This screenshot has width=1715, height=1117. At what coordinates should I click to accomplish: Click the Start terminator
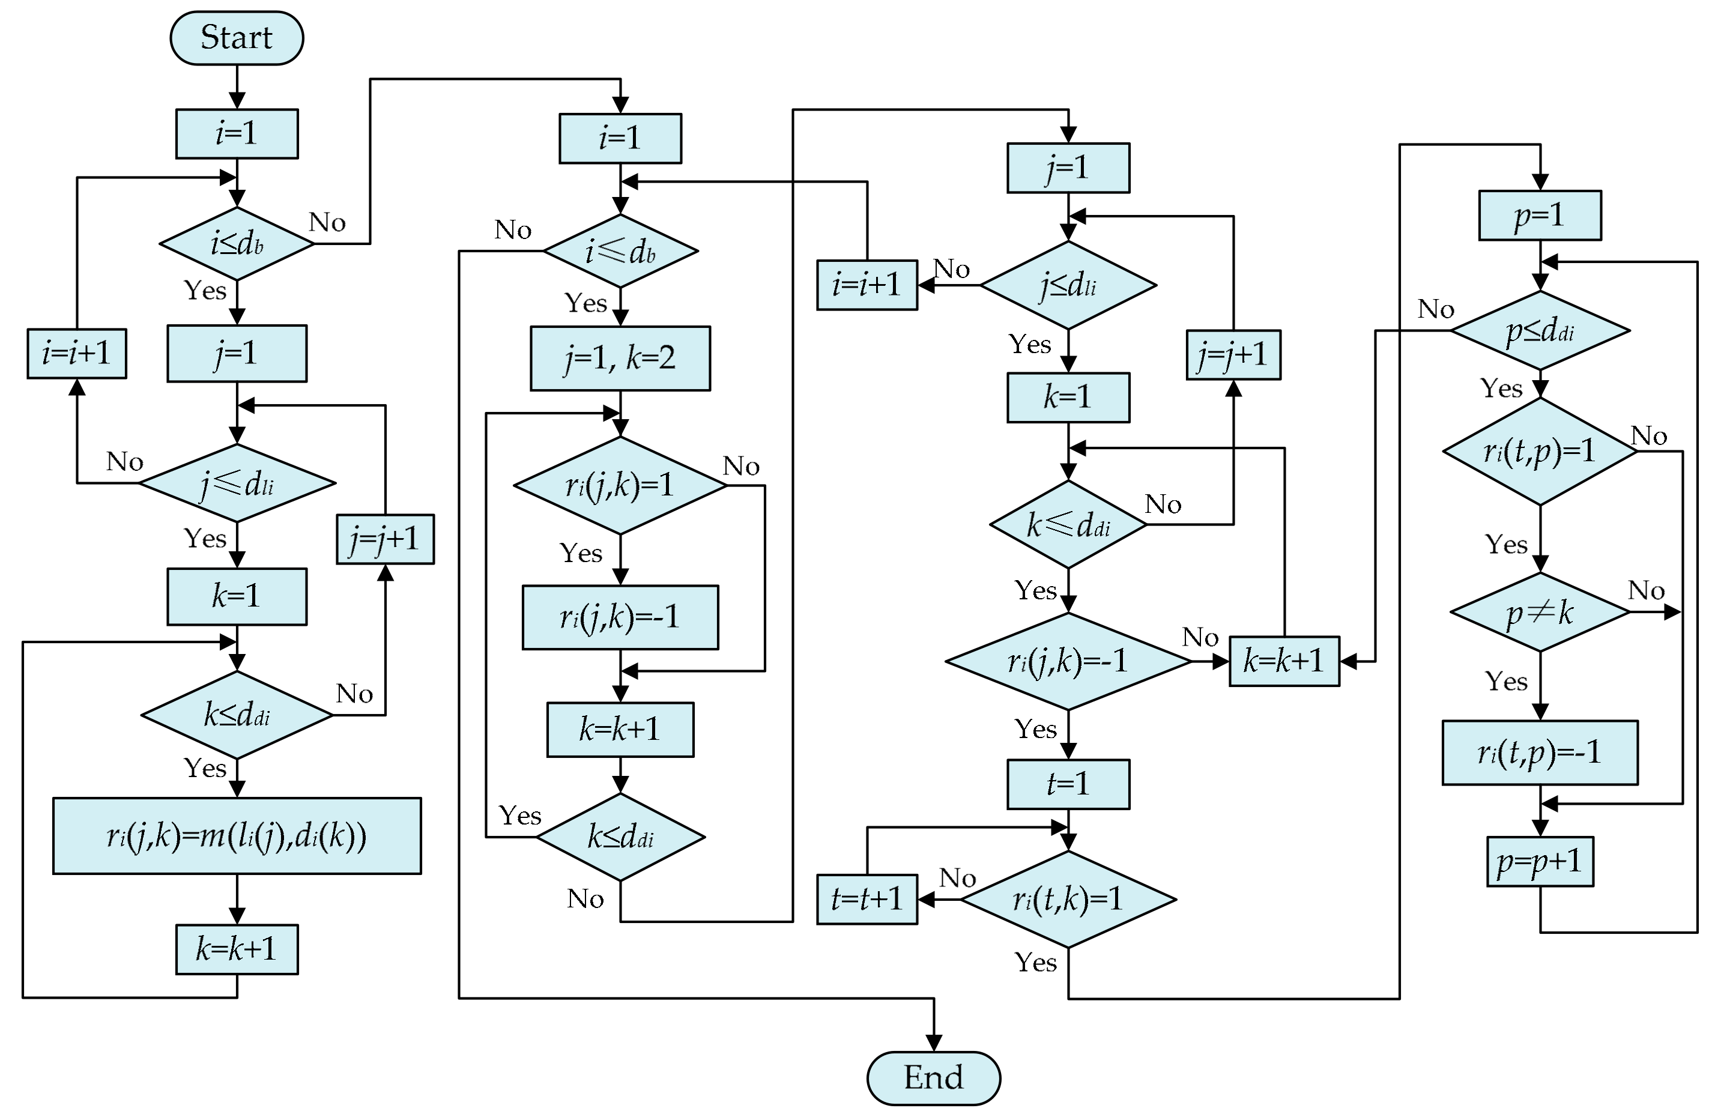pos(237,37)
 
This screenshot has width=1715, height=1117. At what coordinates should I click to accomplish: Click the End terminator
pos(933,1078)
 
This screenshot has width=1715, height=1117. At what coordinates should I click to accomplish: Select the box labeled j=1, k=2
pos(620,358)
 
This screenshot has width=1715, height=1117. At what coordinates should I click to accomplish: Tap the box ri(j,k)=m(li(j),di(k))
pos(237,835)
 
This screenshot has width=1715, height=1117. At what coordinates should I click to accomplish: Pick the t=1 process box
pos(1068,784)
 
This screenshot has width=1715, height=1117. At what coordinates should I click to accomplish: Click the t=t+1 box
pos(867,898)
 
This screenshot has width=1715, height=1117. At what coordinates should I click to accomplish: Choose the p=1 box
pos(1540,215)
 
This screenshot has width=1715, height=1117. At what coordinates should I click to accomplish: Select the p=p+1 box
pos(1540,861)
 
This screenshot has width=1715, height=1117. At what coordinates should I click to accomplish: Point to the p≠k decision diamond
pos(1540,612)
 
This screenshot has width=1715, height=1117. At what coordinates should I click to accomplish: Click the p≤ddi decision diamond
pos(1540,331)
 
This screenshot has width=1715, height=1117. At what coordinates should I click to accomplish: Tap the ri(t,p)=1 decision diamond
pos(1540,451)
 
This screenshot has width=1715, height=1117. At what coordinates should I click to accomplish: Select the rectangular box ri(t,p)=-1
pos(1540,752)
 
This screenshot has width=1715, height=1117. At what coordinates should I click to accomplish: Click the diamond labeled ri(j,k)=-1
pos(1068,661)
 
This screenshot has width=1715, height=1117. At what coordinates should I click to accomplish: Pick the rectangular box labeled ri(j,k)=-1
pos(620,617)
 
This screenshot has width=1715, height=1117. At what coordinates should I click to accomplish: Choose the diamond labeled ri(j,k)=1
pos(620,485)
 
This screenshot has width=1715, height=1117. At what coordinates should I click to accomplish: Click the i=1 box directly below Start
pos(237,133)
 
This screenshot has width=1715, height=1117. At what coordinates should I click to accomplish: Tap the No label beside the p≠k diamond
pos(1646,590)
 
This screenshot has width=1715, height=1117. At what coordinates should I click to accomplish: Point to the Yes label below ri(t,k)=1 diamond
pos(1035,962)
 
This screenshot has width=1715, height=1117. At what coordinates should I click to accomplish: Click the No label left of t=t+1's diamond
pos(957,878)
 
